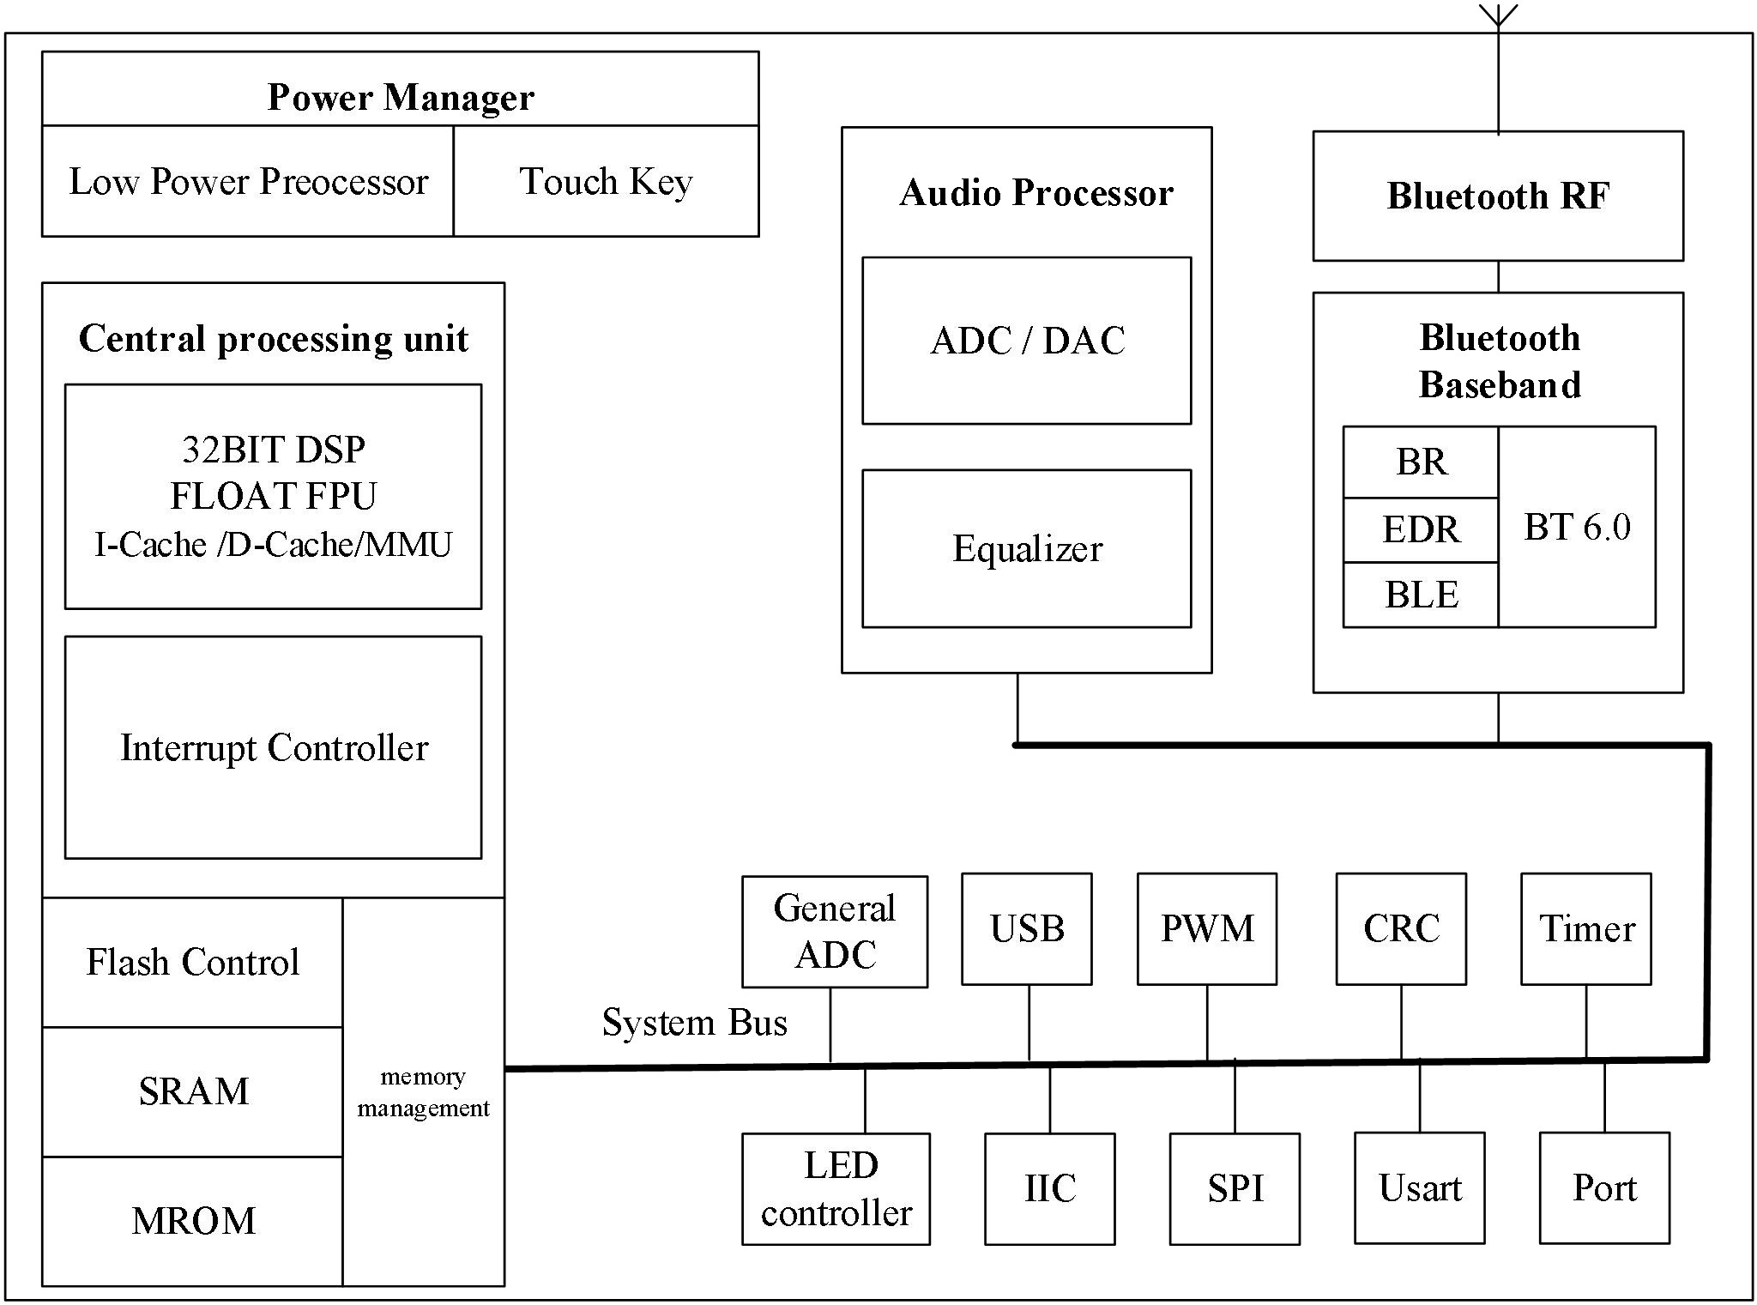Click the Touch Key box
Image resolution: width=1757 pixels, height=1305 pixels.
tap(606, 181)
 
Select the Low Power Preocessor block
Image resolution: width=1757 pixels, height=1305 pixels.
tap(248, 181)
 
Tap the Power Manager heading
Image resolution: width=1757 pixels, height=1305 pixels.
tap(401, 97)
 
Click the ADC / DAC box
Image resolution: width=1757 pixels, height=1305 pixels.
tap(1026, 341)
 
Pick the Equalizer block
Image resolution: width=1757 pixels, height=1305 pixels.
tap(1026, 548)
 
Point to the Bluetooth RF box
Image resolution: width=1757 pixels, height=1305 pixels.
tap(1498, 196)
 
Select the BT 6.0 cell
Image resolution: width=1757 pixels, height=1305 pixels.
tap(1577, 527)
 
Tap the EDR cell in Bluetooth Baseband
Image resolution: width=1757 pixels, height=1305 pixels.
tap(1421, 529)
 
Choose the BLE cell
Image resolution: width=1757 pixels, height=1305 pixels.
tap(1421, 595)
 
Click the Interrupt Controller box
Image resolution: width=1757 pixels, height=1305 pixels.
tap(273, 747)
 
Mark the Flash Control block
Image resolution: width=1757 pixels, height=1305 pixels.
tap(192, 963)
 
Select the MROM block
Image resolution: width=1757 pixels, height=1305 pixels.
tap(192, 1221)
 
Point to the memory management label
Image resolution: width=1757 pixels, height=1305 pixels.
tap(423, 1092)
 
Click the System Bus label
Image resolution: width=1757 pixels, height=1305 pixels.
tap(694, 1022)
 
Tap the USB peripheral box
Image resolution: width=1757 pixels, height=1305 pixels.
tap(1026, 929)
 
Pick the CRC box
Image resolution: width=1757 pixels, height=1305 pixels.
tap(1401, 929)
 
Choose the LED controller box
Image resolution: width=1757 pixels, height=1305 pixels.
tap(836, 1189)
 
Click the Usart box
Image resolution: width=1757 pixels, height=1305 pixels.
tap(1419, 1188)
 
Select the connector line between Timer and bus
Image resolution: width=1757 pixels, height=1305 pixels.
tap(1585, 1021)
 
